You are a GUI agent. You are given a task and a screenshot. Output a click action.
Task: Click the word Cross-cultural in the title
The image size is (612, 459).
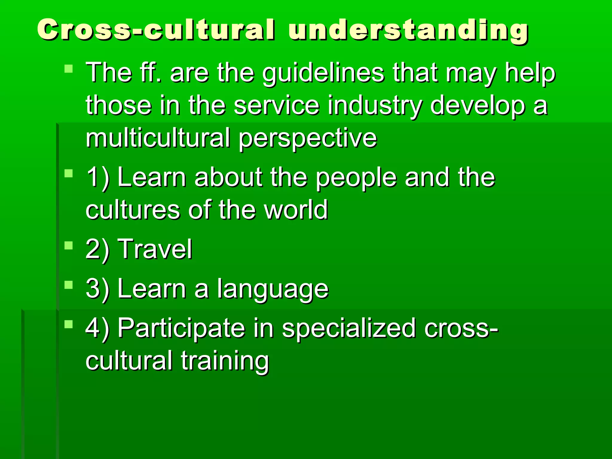click(x=155, y=29)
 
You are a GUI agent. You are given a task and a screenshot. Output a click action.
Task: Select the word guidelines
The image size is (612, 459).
click(x=323, y=74)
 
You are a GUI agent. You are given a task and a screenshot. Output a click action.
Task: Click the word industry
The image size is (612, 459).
click(x=375, y=106)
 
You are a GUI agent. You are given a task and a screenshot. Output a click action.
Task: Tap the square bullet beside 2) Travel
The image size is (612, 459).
click(x=69, y=246)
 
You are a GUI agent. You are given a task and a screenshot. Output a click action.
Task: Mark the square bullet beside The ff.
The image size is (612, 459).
click(x=69, y=69)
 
